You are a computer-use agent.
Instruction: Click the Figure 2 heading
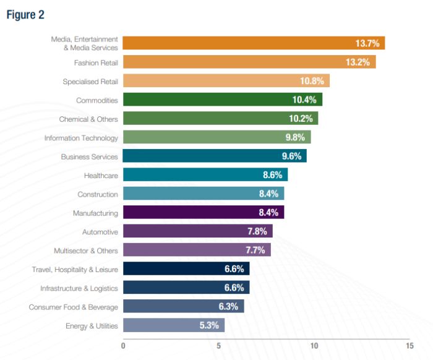(25, 14)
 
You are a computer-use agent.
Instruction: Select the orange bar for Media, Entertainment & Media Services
(254, 43)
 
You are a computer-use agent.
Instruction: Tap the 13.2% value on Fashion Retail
(358, 62)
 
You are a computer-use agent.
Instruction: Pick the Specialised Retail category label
(90, 81)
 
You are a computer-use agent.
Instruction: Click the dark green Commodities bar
(223, 100)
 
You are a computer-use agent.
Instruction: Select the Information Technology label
(81, 138)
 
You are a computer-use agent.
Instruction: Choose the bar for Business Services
(215, 156)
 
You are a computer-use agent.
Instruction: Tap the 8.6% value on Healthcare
(272, 175)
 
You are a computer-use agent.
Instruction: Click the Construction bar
(204, 194)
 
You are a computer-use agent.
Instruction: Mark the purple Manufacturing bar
(204, 213)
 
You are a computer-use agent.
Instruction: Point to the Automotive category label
(100, 232)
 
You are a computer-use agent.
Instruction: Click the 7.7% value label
(255, 250)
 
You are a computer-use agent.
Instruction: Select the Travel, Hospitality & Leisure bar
(186, 268)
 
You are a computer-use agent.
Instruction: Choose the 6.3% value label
(228, 306)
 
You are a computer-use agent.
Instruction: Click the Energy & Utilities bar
(174, 325)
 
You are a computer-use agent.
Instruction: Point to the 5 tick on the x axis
(219, 346)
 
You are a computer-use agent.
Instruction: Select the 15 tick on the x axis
(409, 346)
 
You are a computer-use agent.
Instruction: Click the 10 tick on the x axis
(314, 346)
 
